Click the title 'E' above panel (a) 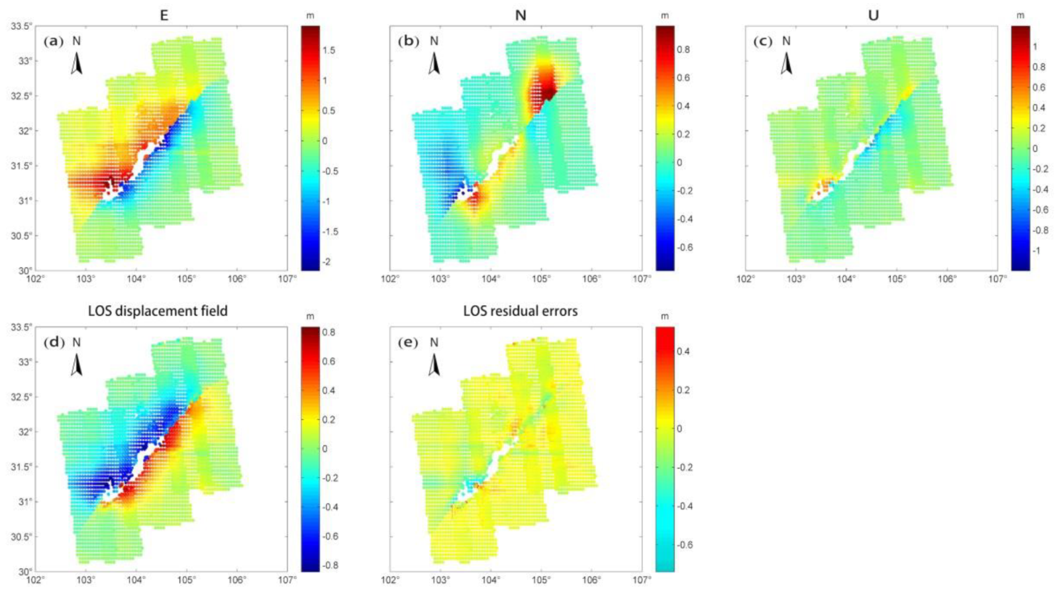pyautogui.click(x=164, y=15)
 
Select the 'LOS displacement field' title pyautogui.click(x=158, y=311)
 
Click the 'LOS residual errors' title pyautogui.click(x=520, y=311)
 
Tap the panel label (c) pyautogui.click(x=764, y=41)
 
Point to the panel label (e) pyautogui.click(x=408, y=342)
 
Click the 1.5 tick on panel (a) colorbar pyautogui.click(x=329, y=50)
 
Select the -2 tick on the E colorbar pyautogui.click(x=328, y=262)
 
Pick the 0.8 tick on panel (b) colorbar pyautogui.click(x=683, y=49)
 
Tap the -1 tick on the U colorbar pyautogui.click(x=1037, y=250)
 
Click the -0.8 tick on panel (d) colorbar pyautogui.click(x=330, y=565)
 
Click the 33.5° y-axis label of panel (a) pyautogui.click(x=20, y=26)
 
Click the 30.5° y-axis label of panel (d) pyautogui.click(x=20, y=536)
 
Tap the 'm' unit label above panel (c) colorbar pyautogui.click(x=1021, y=15)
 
